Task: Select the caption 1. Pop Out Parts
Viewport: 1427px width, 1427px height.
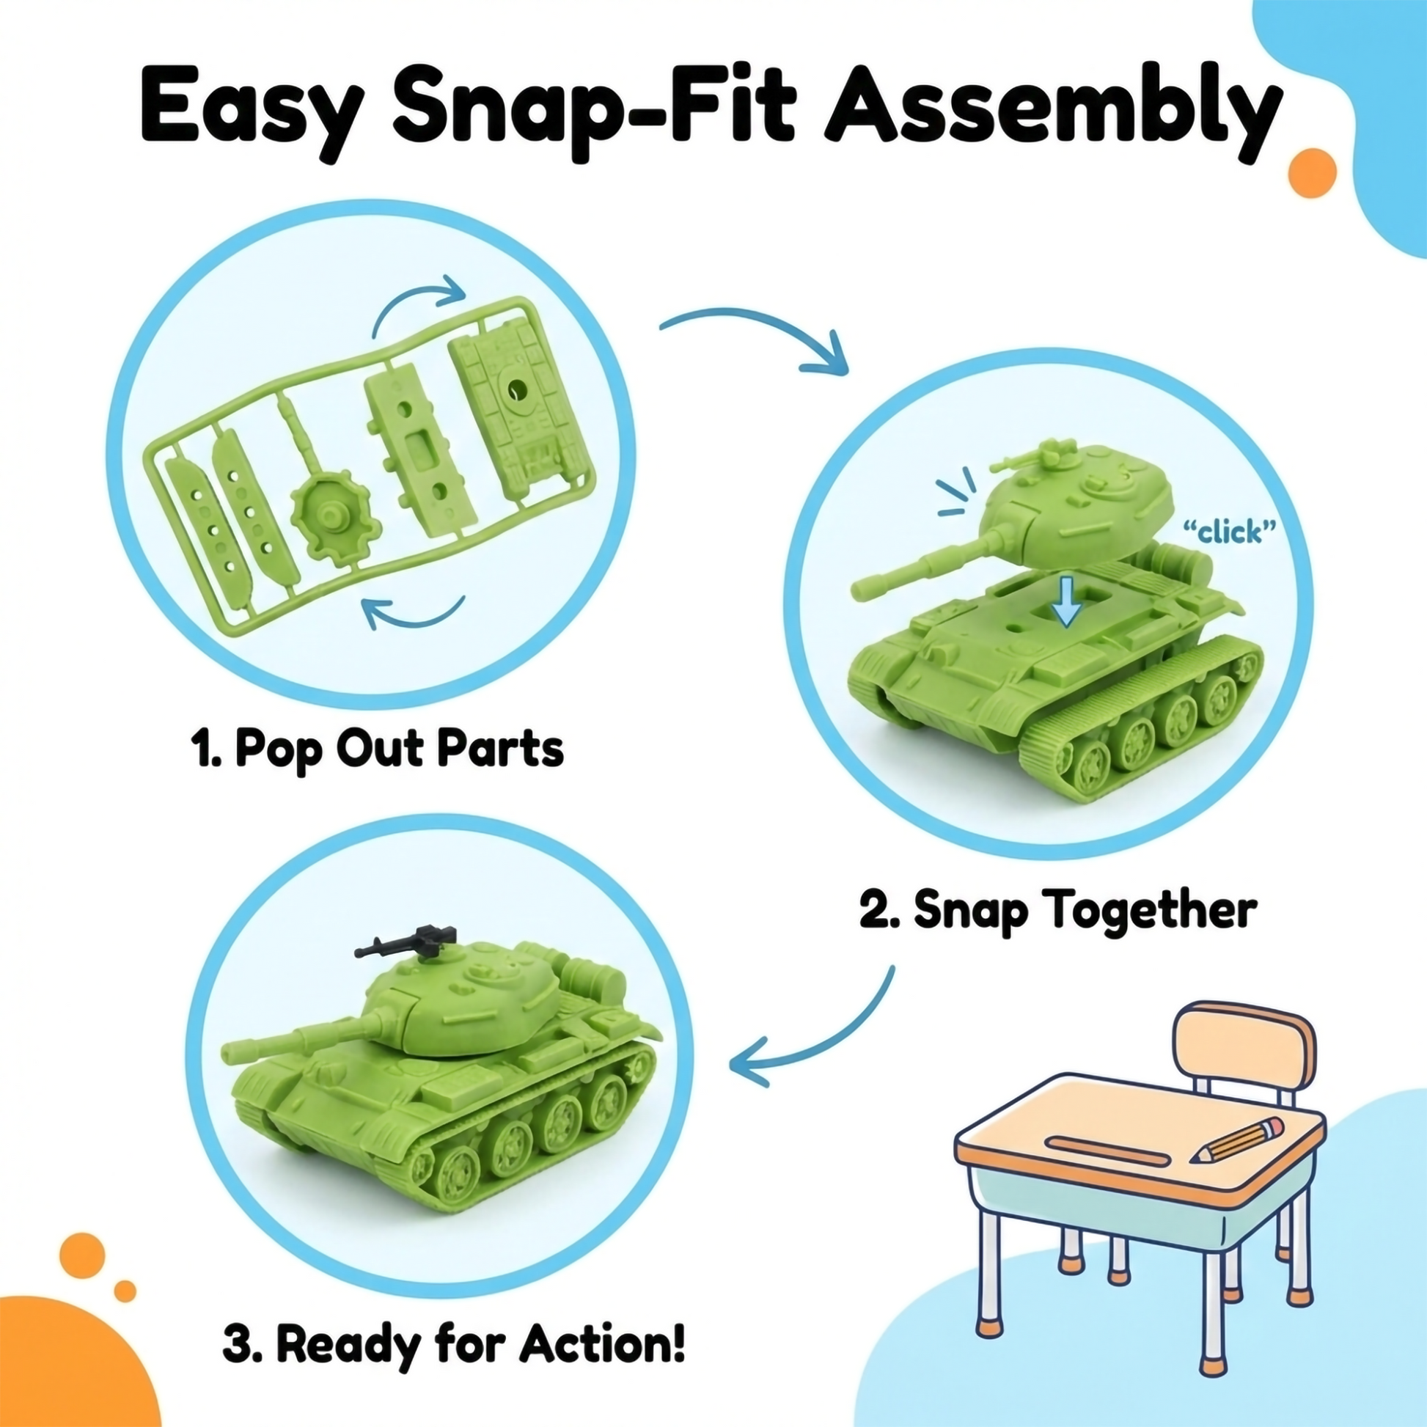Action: (x=378, y=750)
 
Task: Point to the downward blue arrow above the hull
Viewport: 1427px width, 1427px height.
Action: (x=1065, y=601)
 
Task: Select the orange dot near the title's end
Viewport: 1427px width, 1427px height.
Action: (x=1312, y=172)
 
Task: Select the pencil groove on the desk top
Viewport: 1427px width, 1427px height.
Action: (x=1108, y=1150)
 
